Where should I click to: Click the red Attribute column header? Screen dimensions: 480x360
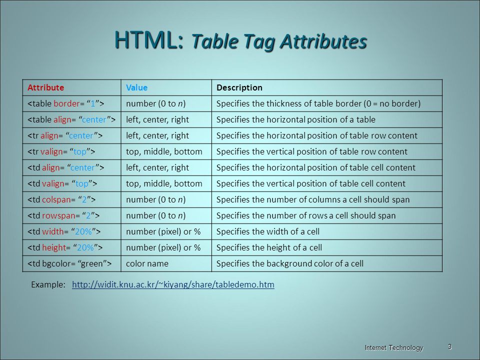pos(45,87)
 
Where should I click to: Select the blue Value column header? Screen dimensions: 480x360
pos(136,87)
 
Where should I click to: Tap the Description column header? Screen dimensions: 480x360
pos(239,88)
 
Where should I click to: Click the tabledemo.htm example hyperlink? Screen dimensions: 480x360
pos(173,284)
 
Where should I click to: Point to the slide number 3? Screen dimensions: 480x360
pos(449,347)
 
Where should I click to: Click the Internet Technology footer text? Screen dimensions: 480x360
pos(394,348)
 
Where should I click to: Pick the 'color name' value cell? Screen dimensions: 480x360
pos(147,263)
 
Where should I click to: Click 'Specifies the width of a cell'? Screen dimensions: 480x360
pos(268,231)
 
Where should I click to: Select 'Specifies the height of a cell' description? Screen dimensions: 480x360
pos(269,247)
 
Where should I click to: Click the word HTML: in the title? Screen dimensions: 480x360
pos(149,40)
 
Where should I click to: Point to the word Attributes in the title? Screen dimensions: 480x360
pos(323,41)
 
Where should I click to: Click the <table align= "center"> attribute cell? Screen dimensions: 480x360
pos(71,119)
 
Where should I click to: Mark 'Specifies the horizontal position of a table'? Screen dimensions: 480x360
pos(295,119)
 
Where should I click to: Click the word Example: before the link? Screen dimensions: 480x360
pos(48,284)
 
